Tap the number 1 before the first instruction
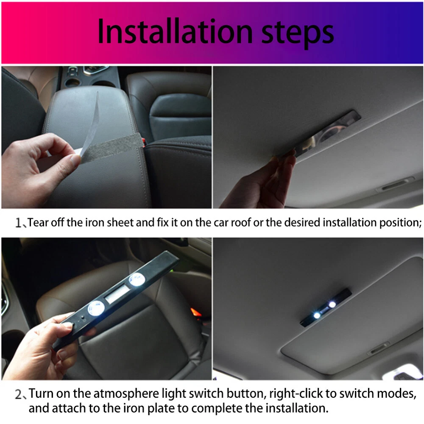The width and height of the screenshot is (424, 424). tap(18, 223)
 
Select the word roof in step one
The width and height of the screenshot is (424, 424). tap(244, 223)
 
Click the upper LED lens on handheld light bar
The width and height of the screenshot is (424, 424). tap(137, 279)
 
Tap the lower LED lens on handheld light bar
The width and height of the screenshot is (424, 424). tap(96, 309)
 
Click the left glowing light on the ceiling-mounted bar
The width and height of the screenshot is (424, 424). tap(317, 315)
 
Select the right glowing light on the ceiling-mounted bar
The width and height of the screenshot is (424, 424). tap(332, 305)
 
